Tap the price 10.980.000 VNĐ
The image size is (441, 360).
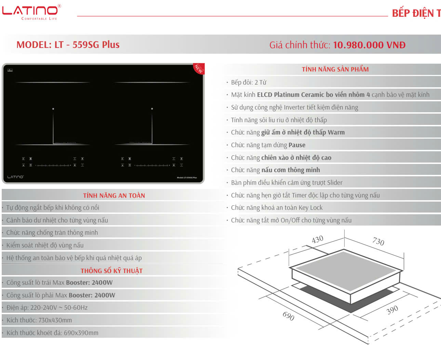(x=369, y=45)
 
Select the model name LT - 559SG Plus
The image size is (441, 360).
(x=87, y=45)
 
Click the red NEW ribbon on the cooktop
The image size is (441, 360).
(x=199, y=68)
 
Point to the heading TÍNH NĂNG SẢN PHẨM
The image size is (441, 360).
(x=335, y=69)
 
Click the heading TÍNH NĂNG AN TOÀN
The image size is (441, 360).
(x=114, y=196)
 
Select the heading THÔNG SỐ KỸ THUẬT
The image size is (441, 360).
(x=111, y=271)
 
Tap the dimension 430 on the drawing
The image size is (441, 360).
(x=317, y=239)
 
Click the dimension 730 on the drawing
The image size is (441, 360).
(x=378, y=242)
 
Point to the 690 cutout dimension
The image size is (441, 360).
(x=288, y=316)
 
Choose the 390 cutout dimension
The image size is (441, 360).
(x=392, y=310)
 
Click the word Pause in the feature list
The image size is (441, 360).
(x=297, y=145)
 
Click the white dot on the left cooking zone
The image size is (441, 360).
(x=53, y=109)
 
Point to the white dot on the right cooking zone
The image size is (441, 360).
(x=152, y=109)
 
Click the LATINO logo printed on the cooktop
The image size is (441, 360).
(x=15, y=177)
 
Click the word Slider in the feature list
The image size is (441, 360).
(x=334, y=183)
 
